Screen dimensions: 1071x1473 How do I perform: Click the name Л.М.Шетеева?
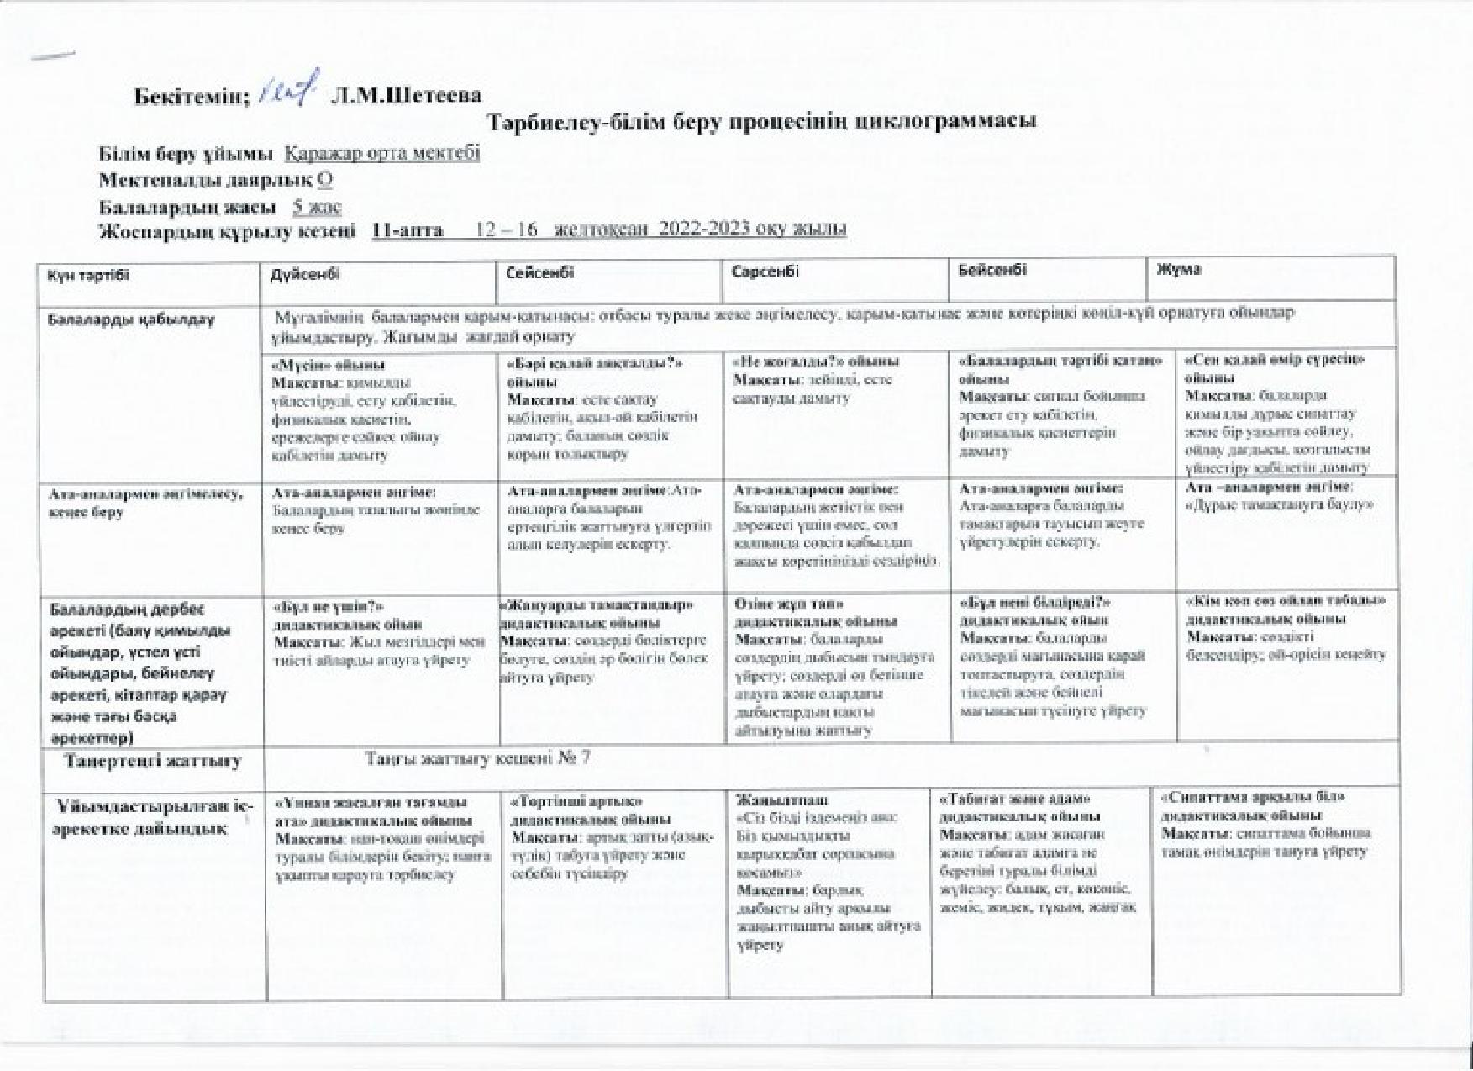(x=406, y=95)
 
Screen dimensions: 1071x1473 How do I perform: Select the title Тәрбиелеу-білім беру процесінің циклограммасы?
(x=763, y=121)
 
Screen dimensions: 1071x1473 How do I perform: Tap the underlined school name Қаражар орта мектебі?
(x=382, y=154)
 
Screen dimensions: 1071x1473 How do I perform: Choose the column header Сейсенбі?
(x=540, y=273)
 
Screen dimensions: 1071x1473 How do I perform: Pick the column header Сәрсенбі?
(x=765, y=272)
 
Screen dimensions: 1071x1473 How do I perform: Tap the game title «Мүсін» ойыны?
(x=329, y=366)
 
